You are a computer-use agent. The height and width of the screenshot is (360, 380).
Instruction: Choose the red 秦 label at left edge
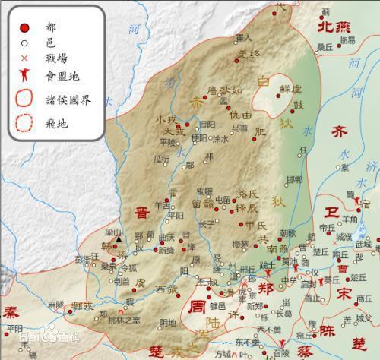pyautogui.click(x=10, y=312)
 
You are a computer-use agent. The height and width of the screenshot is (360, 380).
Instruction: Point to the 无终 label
pyautogui.click(x=249, y=55)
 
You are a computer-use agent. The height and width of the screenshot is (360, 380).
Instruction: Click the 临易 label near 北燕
pyautogui.click(x=347, y=39)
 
